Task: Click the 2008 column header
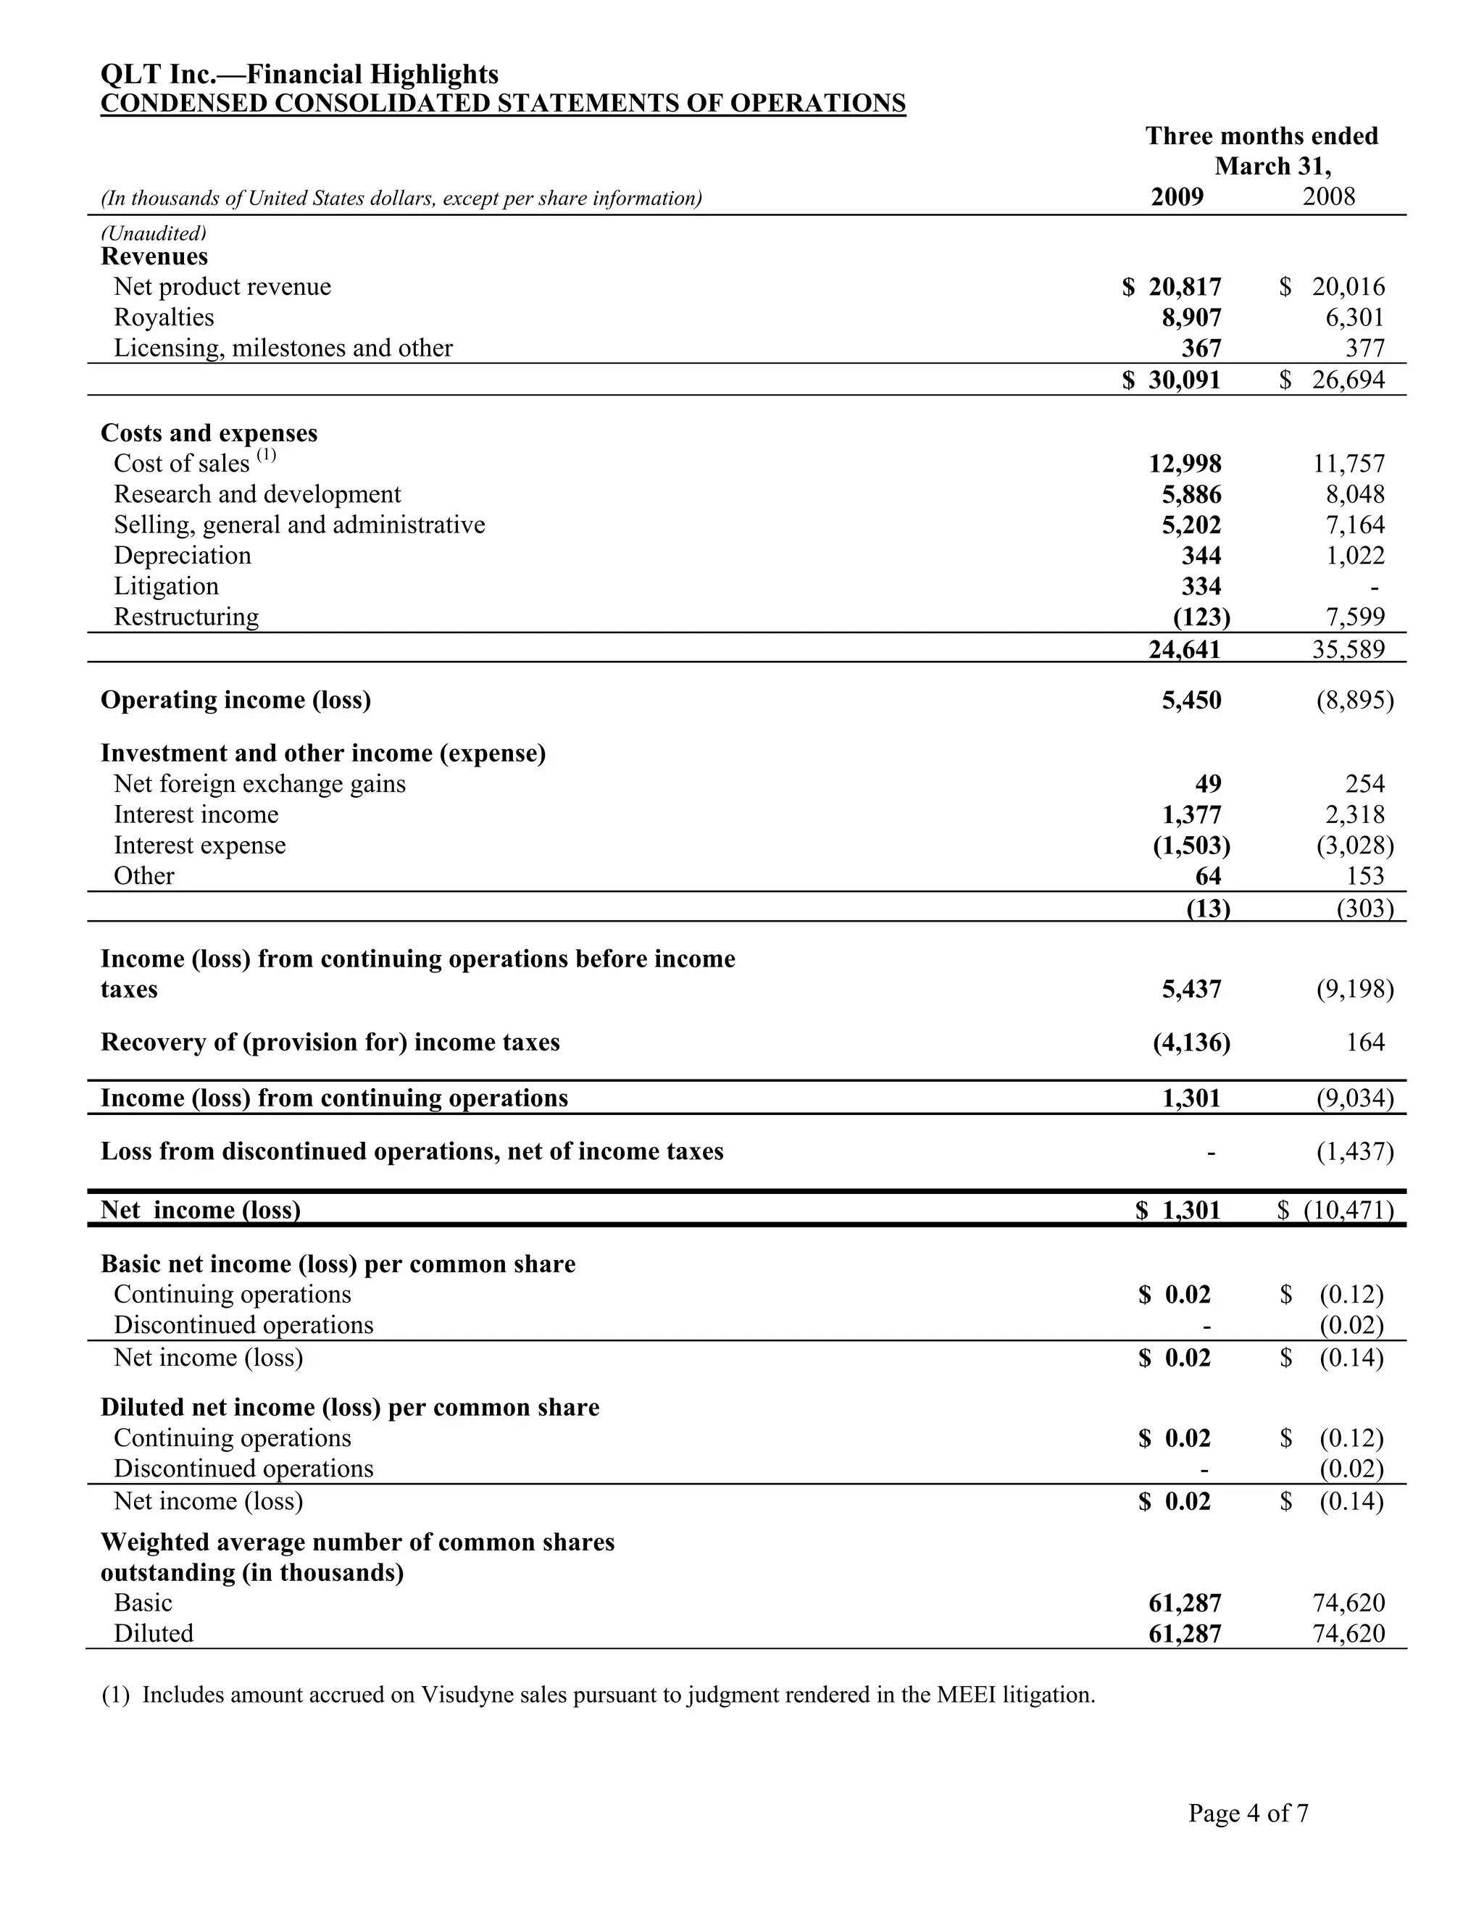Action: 1328,196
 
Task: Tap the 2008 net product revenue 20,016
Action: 1348,287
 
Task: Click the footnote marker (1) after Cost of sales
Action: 267,456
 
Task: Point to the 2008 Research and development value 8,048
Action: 1355,494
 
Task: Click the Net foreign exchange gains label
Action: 259,784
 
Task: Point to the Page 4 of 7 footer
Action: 1248,1813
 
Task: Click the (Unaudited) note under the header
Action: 154,233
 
